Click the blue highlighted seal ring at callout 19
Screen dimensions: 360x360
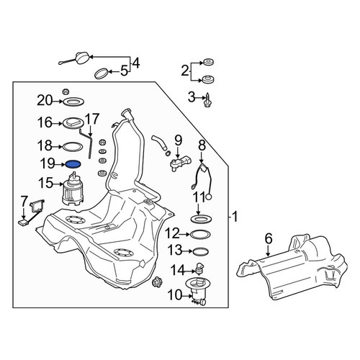[x=73, y=164]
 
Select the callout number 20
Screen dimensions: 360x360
[x=45, y=101]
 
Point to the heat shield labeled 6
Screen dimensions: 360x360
[x=292, y=266]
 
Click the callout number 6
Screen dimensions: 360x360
[x=269, y=238]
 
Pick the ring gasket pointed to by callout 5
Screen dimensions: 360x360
[x=101, y=73]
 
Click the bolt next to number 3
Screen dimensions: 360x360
[x=207, y=100]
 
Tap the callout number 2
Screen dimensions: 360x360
[x=185, y=71]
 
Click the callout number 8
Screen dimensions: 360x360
[x=202, y=145]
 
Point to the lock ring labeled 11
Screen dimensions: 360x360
[x=201, y=219]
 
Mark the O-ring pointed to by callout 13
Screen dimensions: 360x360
[x=201, y=251]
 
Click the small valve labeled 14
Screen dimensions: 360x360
[x=199, y=268]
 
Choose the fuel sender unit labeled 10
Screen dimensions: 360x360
[x=198, y=291]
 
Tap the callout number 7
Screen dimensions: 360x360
[x=23, y=202]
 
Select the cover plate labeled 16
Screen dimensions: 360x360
[x=74, y=124]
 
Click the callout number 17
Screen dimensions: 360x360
[x=92, y=120]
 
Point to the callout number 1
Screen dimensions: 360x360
[x=235, y=217]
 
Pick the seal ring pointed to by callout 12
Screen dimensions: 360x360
[x=200, y=234]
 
